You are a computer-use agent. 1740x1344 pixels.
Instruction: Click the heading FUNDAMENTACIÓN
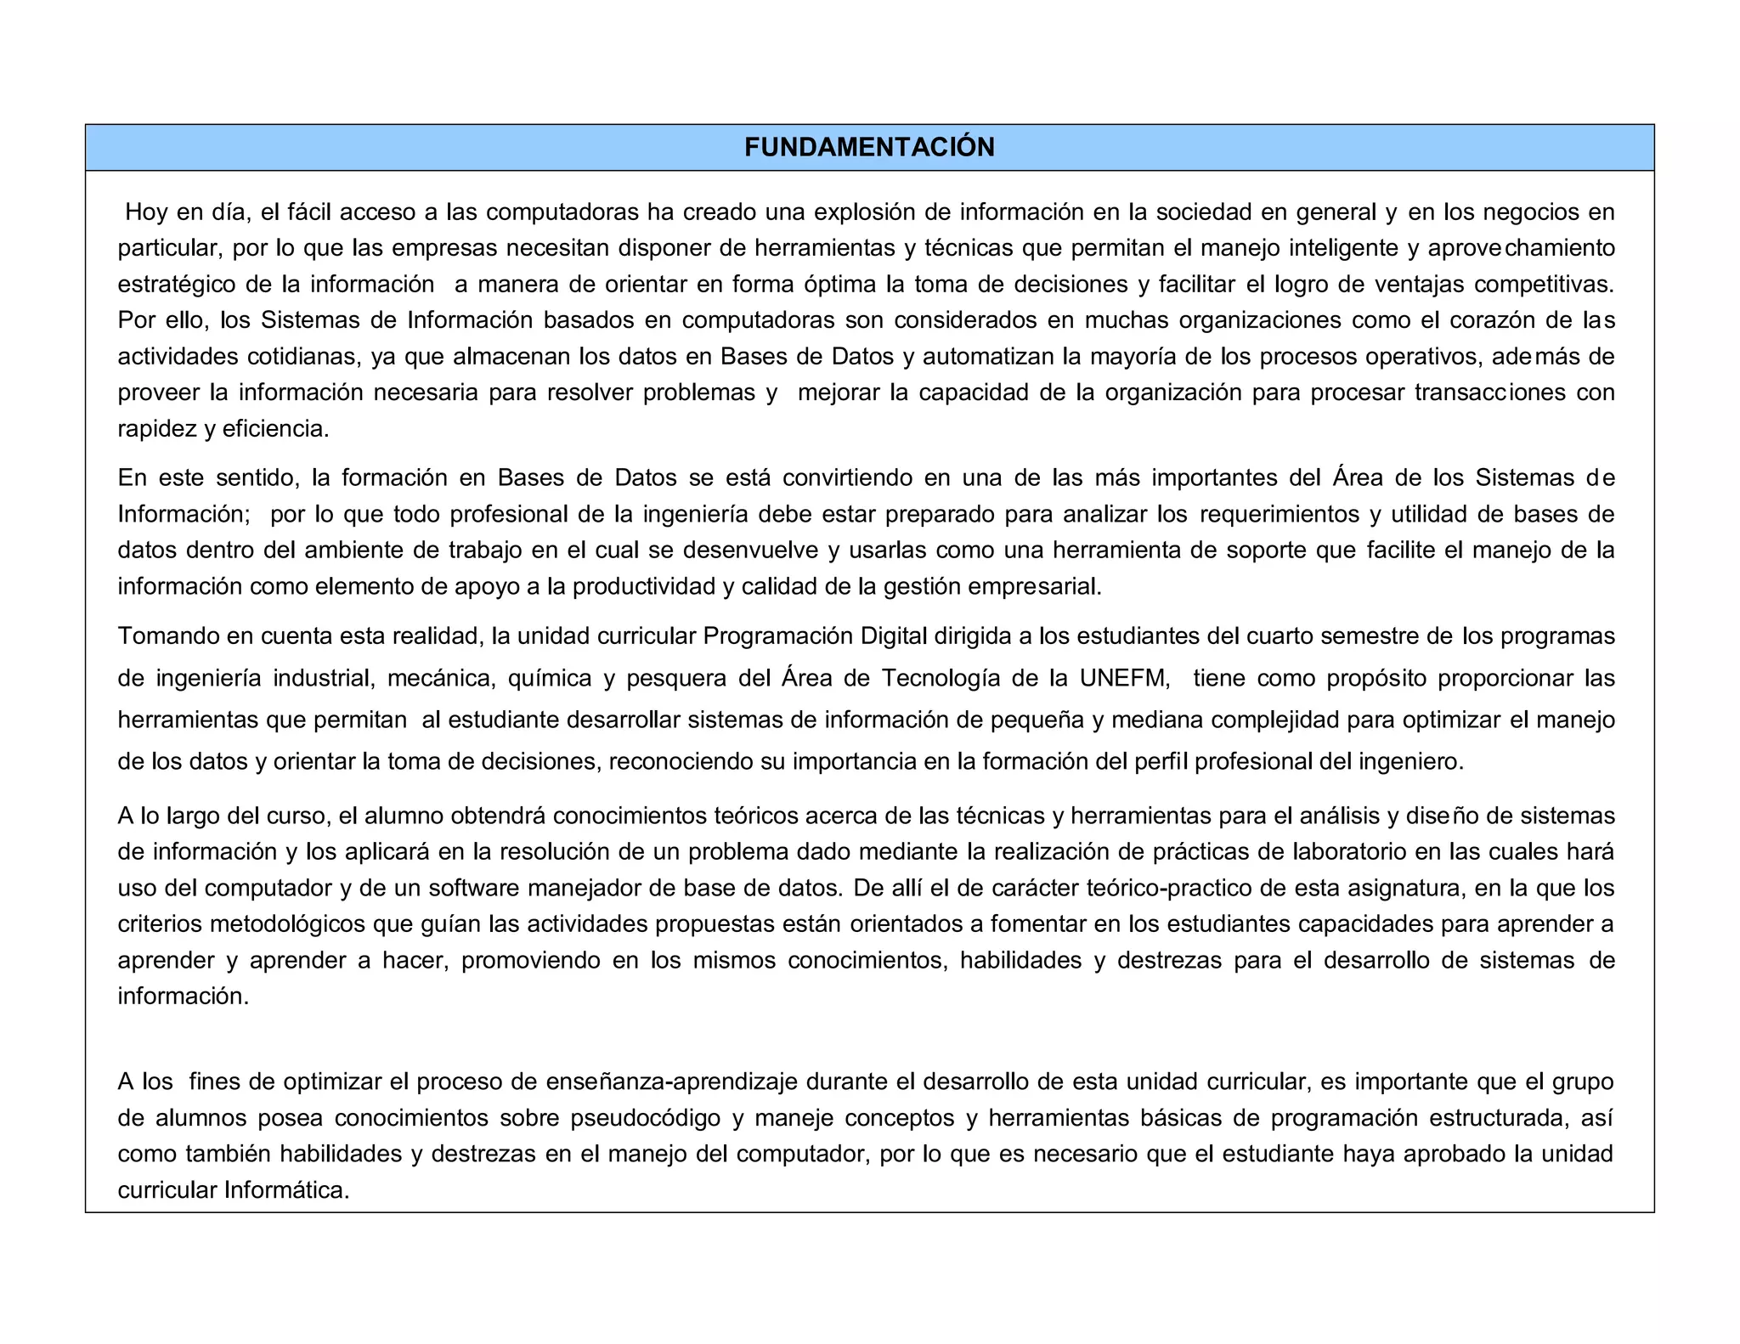coord(869,148)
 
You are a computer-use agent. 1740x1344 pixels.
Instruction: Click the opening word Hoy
coord(146,212)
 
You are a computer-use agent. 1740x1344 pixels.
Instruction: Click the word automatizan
coord(988,356)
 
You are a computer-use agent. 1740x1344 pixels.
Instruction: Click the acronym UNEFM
coord(1124,678)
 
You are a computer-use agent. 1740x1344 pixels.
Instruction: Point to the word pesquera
coord(675,678)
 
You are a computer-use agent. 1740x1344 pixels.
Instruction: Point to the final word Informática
coord(287,1189)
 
